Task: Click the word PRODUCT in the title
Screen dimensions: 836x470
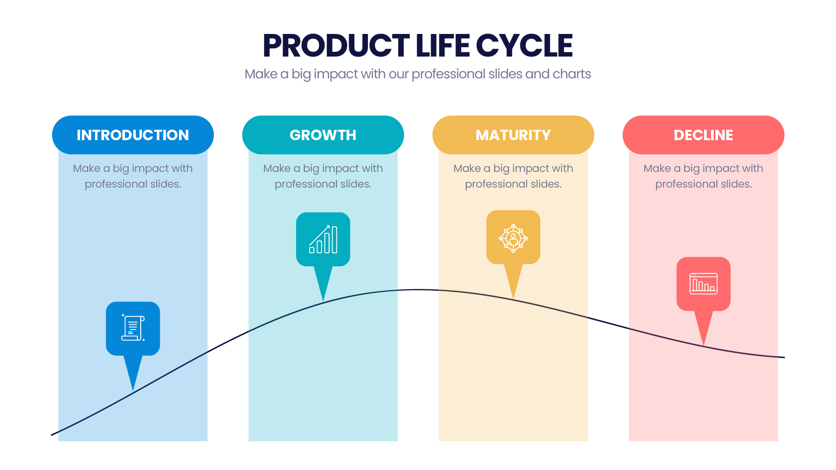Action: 336,46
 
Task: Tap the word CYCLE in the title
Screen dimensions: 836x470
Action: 524,46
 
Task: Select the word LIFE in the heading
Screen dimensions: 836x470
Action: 442,46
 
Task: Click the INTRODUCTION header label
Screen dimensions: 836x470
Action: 133,135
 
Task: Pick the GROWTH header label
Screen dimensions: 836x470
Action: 323,135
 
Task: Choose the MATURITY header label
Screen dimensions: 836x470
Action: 513,135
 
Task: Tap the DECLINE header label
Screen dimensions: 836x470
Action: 704,135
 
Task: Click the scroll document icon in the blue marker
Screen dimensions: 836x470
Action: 133,328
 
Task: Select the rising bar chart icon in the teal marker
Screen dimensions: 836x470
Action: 323,239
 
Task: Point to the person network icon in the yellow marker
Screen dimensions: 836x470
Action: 513,238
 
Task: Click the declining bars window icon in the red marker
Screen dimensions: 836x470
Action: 704,283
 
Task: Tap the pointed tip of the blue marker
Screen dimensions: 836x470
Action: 133,391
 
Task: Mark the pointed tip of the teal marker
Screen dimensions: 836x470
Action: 323,301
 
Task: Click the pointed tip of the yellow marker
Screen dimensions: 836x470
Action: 513,299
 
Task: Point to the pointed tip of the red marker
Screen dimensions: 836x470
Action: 704,346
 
